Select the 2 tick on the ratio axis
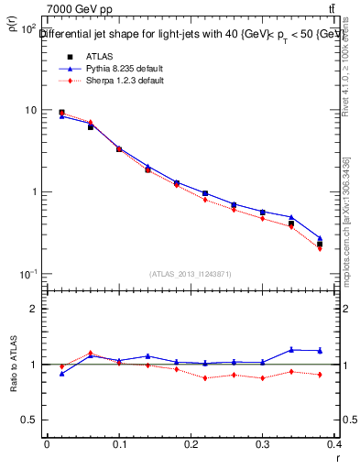click(36, 310)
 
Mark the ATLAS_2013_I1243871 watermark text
click(191, 275)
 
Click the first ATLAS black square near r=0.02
click(61, 113)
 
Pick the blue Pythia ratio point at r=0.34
click(291, 349)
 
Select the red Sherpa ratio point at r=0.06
click(90, 353)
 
